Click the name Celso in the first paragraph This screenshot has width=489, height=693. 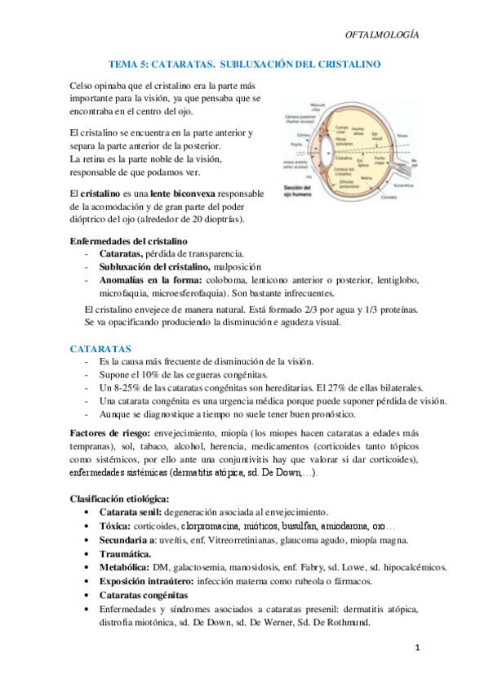point(84,84)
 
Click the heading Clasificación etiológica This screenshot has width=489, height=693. point(120,499)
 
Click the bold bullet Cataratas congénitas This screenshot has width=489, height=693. point(149,595)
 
